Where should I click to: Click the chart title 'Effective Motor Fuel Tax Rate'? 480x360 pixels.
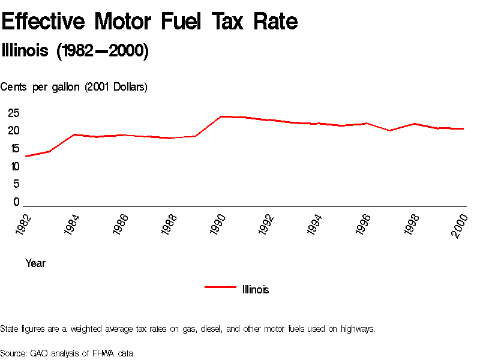[x=149, y=22]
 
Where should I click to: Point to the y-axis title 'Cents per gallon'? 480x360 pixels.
[x=74, y=87]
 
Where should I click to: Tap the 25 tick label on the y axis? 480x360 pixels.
[x=14, y=113]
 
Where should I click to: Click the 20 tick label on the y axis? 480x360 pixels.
[x=14, y=131]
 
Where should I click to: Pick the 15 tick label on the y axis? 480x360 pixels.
[x=14, y=149]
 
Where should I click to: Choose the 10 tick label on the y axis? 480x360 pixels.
[x=14, y=166]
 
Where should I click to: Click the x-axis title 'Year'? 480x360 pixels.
[x=35, y=263]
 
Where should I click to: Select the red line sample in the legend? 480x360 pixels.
[x=220, y=287]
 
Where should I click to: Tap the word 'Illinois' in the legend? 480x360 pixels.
[x=256, y=290]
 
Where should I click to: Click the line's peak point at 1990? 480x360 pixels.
[x=221, y=116]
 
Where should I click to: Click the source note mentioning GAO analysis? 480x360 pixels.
[x=67, y=353]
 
